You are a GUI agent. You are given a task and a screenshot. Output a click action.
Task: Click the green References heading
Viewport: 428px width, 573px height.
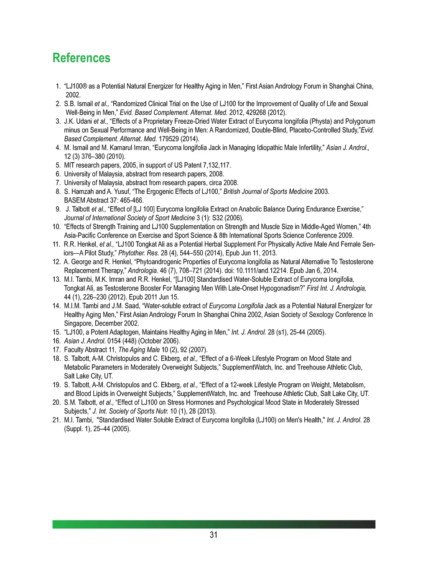point(82,58)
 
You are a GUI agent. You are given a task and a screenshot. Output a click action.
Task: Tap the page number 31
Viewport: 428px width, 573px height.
point(214,535)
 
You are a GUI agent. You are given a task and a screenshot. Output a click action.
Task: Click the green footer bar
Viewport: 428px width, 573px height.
point(214,524)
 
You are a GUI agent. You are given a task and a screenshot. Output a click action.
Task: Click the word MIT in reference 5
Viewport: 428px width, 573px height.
point(70,165)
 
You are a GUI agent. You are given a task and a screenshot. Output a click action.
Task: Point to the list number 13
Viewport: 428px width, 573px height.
point(56,279)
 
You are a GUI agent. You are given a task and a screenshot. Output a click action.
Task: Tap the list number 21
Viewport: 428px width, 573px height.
point(56,420)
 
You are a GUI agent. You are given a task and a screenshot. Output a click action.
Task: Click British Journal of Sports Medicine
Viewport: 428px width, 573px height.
point(268,191)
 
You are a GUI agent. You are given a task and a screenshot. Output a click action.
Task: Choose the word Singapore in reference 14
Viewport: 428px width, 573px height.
point(78,323)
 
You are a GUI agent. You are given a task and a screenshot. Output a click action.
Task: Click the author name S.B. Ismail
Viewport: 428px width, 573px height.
point(79,104)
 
